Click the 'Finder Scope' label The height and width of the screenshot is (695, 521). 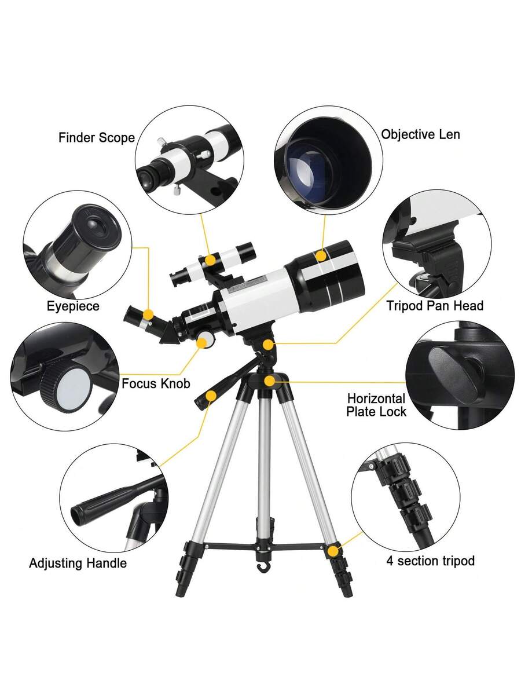97,138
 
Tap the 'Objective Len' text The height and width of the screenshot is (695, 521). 420,134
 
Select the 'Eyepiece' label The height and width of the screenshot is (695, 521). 73,306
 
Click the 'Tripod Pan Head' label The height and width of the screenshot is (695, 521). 435,306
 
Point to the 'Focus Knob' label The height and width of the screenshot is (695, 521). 156,383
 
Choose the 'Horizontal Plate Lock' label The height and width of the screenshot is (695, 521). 376,405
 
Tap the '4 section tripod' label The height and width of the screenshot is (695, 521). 431,561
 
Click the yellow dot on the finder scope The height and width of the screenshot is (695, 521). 210,260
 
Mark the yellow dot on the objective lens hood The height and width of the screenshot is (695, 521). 321,255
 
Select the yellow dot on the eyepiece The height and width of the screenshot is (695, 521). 148,315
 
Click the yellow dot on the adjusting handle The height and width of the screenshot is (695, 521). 211,396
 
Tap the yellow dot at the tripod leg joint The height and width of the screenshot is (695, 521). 333,551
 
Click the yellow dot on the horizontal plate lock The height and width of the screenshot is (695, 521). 269,381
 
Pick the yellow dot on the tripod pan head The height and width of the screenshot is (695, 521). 267,345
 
